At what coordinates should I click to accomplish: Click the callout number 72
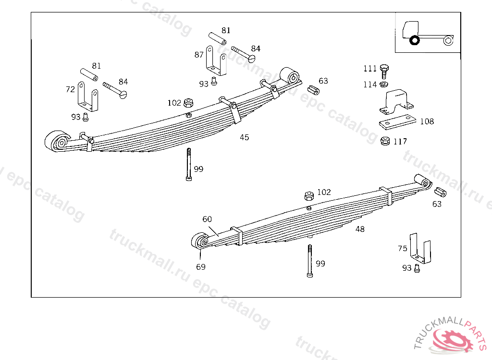click(x=70, y=89)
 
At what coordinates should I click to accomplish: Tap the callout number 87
click(x=199, y=55)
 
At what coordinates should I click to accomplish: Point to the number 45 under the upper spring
click(x=245, y=137)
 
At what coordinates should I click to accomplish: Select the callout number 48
click(x=360, y=229)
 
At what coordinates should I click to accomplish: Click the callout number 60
click(x=207, y=219)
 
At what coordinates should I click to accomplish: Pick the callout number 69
click(x=201, y=267)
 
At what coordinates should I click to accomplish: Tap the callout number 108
click(x=427, y=121)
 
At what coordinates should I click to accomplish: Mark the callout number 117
click(x=400, y=142)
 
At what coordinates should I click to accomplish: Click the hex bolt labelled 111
click(x=384, y=72)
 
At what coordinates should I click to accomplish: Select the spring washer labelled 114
click(x=384, y=84)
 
